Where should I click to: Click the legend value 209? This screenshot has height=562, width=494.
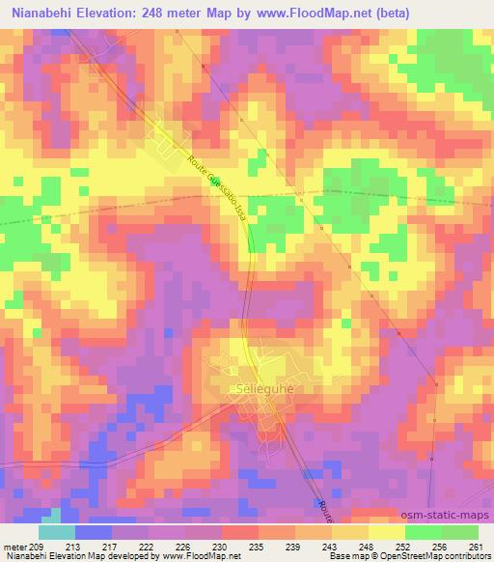[37, 547]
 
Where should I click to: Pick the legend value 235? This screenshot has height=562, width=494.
[258, 547]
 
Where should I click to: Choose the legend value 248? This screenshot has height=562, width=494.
[368, 547]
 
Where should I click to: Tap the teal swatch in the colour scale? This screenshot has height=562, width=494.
[56, 532]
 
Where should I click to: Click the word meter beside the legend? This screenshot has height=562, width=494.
[14, 547]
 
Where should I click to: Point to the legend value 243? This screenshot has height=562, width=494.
[331, 547]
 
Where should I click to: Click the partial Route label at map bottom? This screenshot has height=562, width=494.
[324, 512]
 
